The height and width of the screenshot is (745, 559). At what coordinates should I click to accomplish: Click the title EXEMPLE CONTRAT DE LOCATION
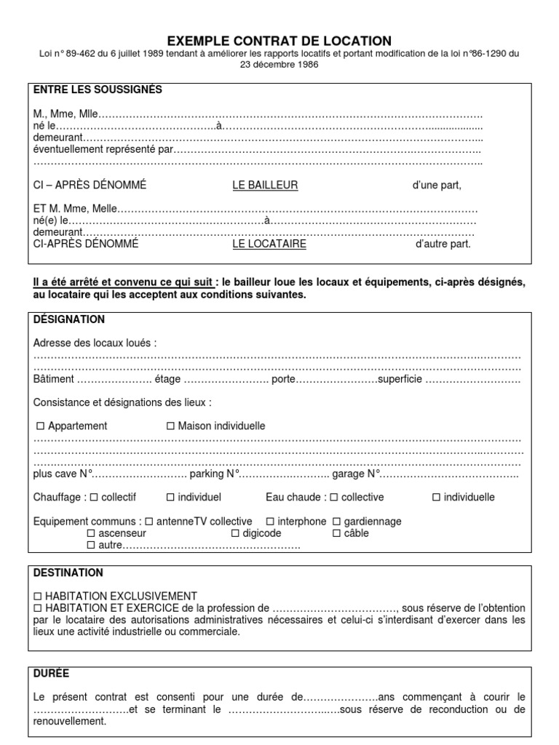(x=279, y=41)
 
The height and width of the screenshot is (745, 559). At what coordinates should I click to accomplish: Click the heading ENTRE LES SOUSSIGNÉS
(x=98, y=89)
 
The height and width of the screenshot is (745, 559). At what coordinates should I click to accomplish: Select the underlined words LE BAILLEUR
(x=265, y=185)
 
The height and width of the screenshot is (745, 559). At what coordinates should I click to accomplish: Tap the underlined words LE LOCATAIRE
(x=269, y=244)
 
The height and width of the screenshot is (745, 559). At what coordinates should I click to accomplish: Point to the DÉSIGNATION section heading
(x=69, y=319)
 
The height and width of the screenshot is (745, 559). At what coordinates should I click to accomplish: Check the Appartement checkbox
(x=40, y=426)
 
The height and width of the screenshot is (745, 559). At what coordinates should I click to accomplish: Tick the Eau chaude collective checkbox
(x=333, y=498)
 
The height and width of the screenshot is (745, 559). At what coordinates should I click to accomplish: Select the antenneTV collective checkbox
(x=148, y=522)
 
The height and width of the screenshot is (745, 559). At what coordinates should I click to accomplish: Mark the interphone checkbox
(x=269, y=522)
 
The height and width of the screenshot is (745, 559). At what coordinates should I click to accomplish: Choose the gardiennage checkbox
(x=336, y=522)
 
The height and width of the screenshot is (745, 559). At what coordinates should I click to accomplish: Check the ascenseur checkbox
(x=91, y=533)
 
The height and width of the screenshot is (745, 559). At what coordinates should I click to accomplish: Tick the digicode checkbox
(x=235, y=533)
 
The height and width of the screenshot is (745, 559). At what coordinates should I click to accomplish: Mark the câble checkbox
(x=336, y=533)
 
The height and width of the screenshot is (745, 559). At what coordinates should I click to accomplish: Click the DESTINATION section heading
(x=68, y=573)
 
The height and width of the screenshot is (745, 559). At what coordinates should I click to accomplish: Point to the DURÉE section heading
(x=52, y=673)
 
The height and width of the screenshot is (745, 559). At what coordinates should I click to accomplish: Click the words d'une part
(x=437, y=185)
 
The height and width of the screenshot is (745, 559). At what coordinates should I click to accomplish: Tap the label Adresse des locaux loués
(x=95, y=343)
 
